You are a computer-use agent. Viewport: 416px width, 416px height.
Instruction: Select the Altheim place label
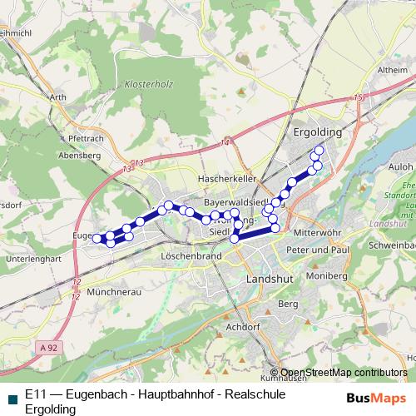pyautogui.click(x=391, y=70)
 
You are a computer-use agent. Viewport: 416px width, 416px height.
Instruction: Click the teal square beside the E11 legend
pyautogui.click(x=10, y=397)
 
